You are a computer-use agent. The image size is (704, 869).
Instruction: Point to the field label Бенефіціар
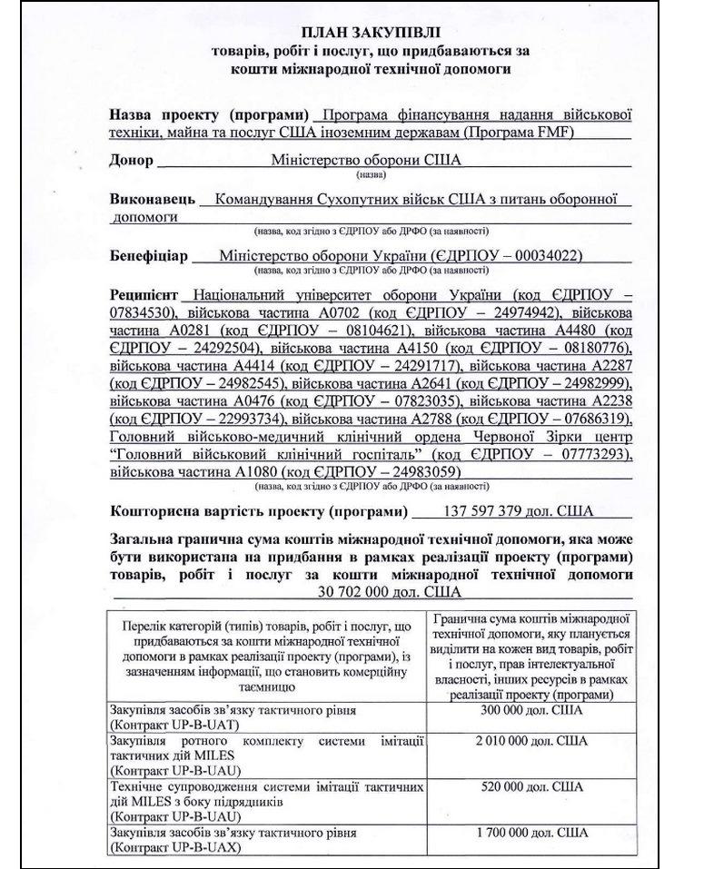tap(149, 256)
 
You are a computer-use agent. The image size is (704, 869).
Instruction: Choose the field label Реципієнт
tap(142, 296)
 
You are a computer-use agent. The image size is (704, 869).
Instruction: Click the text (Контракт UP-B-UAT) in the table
tap(168, 724)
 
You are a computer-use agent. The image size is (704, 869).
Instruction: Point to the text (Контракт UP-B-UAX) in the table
tap(168, 846)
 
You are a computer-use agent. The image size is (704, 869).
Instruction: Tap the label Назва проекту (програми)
tap(207, 115)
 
